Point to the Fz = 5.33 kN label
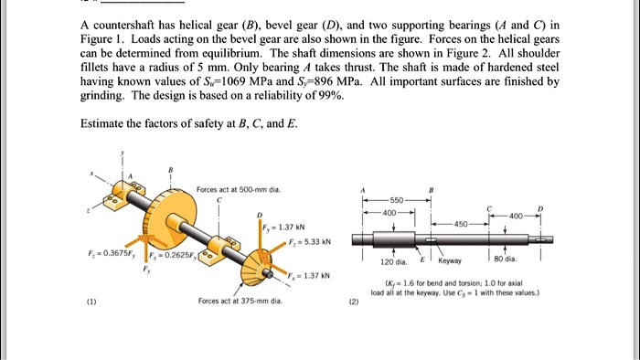(x=305, y=242)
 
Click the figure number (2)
(x=353, y=302)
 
